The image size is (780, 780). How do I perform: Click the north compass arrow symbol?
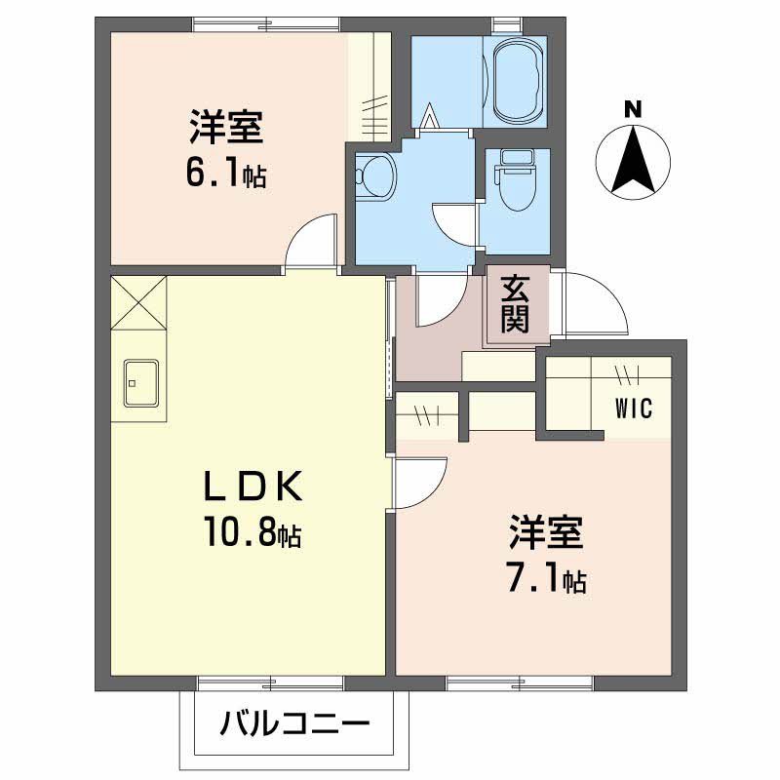[x=633, y=161]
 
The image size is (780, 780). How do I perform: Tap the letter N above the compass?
[x=633, y=109]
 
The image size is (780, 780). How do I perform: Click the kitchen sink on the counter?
[x=140, y=381]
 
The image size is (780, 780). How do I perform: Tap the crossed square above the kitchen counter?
[x=138, y=303]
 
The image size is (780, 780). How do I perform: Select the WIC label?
[x=633, y=408]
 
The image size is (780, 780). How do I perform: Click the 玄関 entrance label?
[x=516, y=304]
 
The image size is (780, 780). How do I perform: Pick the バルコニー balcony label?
[x=293, y=723]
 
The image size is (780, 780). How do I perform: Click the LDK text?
[x=253, y=486]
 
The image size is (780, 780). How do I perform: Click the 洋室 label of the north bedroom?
[x=225, y=127]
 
